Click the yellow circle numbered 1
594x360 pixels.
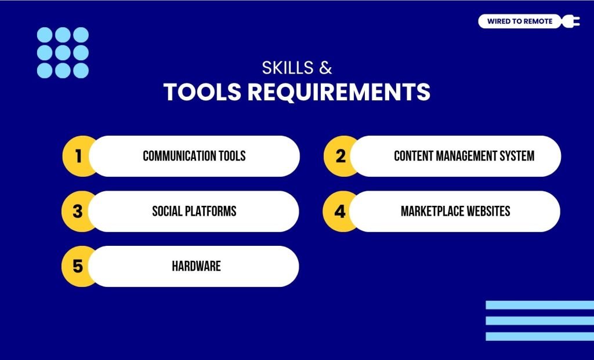(77, 156)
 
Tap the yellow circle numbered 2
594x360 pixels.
(339, 156)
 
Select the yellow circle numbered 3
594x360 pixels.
(77, 211)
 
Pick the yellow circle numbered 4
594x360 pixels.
(339, 211)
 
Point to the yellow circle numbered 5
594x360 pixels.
(77, 266)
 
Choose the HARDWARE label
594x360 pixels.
(196, 266)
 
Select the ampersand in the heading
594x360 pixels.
(325, 68)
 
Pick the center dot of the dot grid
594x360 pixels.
(63, 53)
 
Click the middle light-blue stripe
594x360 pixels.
(539, 321)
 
